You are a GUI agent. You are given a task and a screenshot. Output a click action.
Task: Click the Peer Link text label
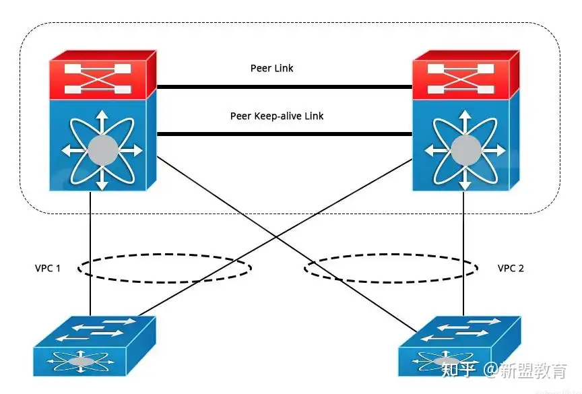271,68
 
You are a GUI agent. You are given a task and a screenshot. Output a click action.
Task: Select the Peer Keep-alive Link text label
277,116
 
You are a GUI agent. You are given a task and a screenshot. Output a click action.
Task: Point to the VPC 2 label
511,268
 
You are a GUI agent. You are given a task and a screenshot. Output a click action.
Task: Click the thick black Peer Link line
284,87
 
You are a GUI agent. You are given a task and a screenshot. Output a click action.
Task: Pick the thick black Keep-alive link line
284,134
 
